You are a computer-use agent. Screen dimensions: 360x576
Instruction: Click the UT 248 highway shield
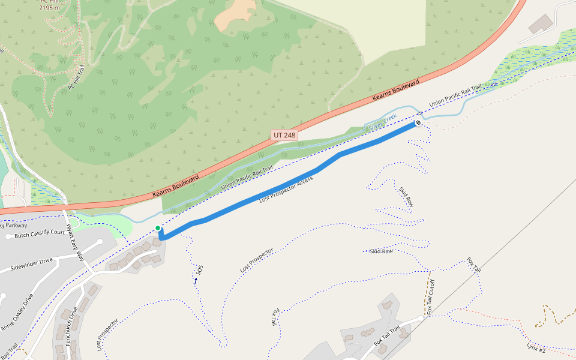[x=284, y=136]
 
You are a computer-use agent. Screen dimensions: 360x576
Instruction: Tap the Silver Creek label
[x=383, y=122]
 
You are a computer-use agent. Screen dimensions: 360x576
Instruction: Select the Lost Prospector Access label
[x=286, y=190]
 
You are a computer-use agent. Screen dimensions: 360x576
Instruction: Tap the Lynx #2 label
[x=536, y=347]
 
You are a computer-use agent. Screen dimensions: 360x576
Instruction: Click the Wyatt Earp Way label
[x=76, y=242]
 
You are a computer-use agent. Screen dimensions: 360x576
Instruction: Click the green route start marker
[x=158, y=228]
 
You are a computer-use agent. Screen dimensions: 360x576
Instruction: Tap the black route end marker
[x=418, y=123]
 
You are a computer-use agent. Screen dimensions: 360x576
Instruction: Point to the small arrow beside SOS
[x=196, y=280]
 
